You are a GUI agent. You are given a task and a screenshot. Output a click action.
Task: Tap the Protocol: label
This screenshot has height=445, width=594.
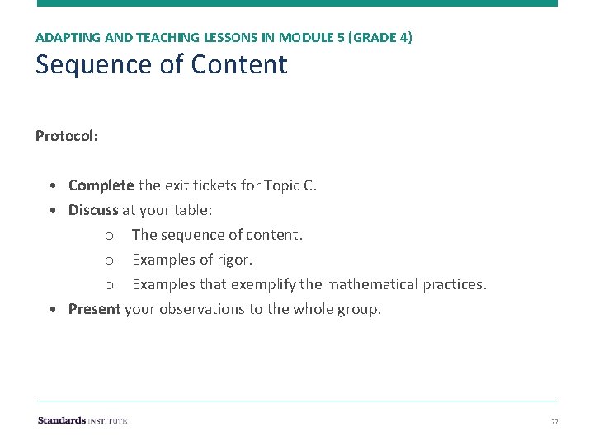pyautogui.click(x=66, y=135)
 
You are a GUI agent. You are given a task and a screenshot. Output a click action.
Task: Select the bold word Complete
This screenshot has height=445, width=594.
pyautogui.click(x=101, y=185)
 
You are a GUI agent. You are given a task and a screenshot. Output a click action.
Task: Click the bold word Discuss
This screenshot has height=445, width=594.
pyautogui.click(x=93, y=210)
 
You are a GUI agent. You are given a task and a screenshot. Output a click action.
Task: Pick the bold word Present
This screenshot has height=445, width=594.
pyautogui.click(x=94, y=309)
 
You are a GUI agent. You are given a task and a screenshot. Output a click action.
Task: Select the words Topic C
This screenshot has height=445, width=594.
pyautogui.click(x=290, y=185)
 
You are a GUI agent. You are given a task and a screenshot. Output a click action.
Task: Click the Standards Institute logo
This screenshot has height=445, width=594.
pyautogui.click(x=82, y=420)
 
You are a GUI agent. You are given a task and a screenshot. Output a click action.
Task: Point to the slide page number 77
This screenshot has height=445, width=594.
pyautogui.click(x=555, y=421)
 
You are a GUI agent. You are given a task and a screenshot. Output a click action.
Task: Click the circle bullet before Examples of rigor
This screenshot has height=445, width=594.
pyautogui.click(x=109, y=260)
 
